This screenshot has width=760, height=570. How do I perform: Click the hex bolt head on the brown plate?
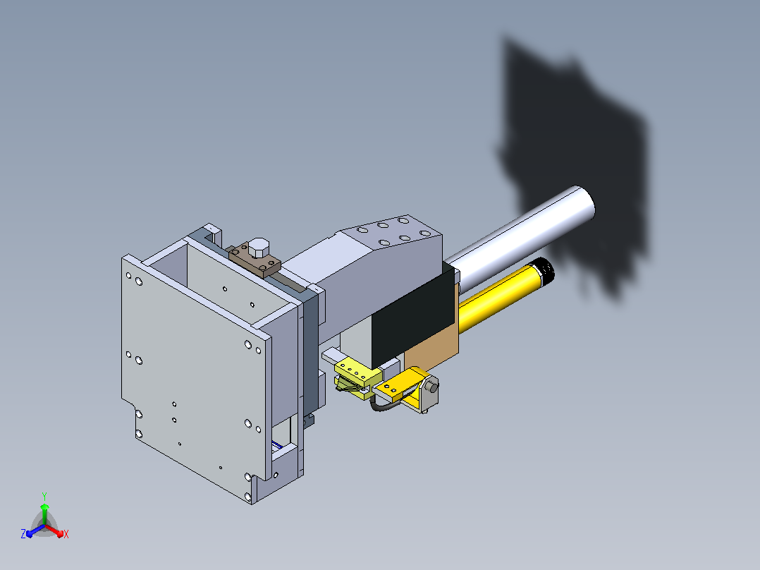259,248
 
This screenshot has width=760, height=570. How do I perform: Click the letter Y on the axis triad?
44,497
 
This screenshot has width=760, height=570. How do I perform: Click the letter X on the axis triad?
66,534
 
